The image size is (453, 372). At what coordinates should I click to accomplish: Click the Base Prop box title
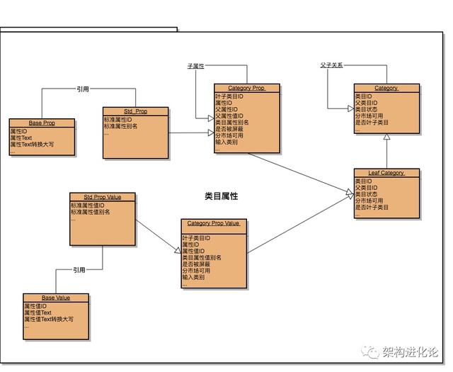(x=42, y=123)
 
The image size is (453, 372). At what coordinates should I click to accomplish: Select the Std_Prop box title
(x=135, y=111)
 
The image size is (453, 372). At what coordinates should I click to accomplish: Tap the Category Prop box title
(x=248, y=88)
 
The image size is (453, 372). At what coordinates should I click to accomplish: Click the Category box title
(x=386, y=88)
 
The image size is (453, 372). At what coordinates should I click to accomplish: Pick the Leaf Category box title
(x=386, y=173)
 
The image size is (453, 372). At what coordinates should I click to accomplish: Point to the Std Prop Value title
(x=102, y=196)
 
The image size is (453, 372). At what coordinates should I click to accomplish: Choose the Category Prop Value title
(x=214, y=223)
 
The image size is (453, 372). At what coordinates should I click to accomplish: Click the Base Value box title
(x=56, y=298)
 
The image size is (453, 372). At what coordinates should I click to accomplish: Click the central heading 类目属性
(x=221, y=196)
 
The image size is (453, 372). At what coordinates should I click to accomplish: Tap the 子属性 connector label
(x=195, y=66)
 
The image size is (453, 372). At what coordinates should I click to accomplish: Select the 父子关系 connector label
(x=331, y=65)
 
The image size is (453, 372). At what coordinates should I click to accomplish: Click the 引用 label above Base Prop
(x=83, y=89)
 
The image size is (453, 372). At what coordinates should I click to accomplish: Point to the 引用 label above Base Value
(x=79, y=270)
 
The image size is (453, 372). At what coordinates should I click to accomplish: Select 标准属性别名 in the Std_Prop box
(x=121, y=126)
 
